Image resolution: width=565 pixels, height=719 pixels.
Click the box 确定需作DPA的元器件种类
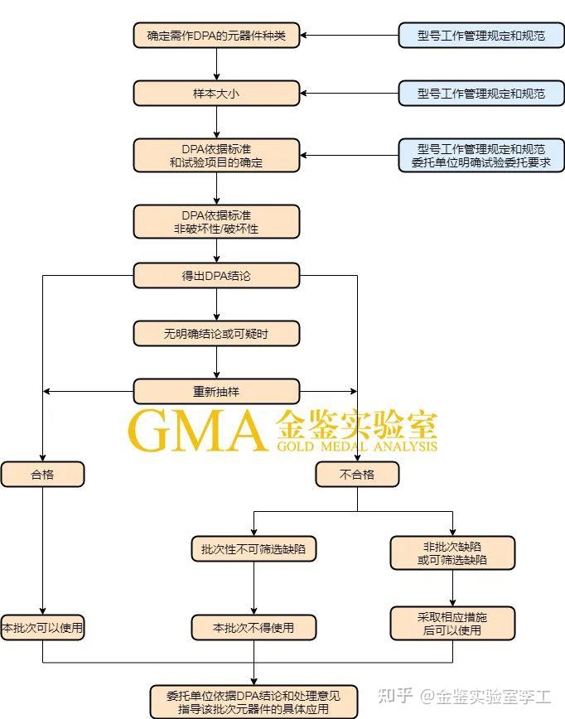216,36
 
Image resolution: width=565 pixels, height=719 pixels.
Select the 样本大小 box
216,93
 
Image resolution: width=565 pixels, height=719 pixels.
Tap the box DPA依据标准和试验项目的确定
216,156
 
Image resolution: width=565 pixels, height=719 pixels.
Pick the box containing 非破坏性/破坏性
216,221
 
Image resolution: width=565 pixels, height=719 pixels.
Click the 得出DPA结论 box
216,276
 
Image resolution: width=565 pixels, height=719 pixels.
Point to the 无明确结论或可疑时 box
216,333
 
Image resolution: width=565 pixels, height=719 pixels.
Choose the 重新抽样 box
216,391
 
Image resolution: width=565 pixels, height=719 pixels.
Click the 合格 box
42,474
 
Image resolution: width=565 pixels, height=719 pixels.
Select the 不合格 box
357,474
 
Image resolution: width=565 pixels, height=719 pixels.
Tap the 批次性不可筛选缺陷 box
254,548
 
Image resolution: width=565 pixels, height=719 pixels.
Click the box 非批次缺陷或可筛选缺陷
452,553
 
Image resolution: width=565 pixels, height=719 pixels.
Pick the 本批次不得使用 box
254,627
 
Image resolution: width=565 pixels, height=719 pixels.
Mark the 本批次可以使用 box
42,627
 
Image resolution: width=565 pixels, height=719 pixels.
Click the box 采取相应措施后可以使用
452,623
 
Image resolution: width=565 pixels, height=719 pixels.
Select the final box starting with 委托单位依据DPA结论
254,701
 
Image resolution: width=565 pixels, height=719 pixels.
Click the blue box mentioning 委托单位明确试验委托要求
481,156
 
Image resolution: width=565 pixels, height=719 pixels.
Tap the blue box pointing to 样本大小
481,93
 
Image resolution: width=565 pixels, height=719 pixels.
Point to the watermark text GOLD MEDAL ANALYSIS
357,446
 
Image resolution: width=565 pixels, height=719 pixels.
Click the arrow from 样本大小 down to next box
216,122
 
